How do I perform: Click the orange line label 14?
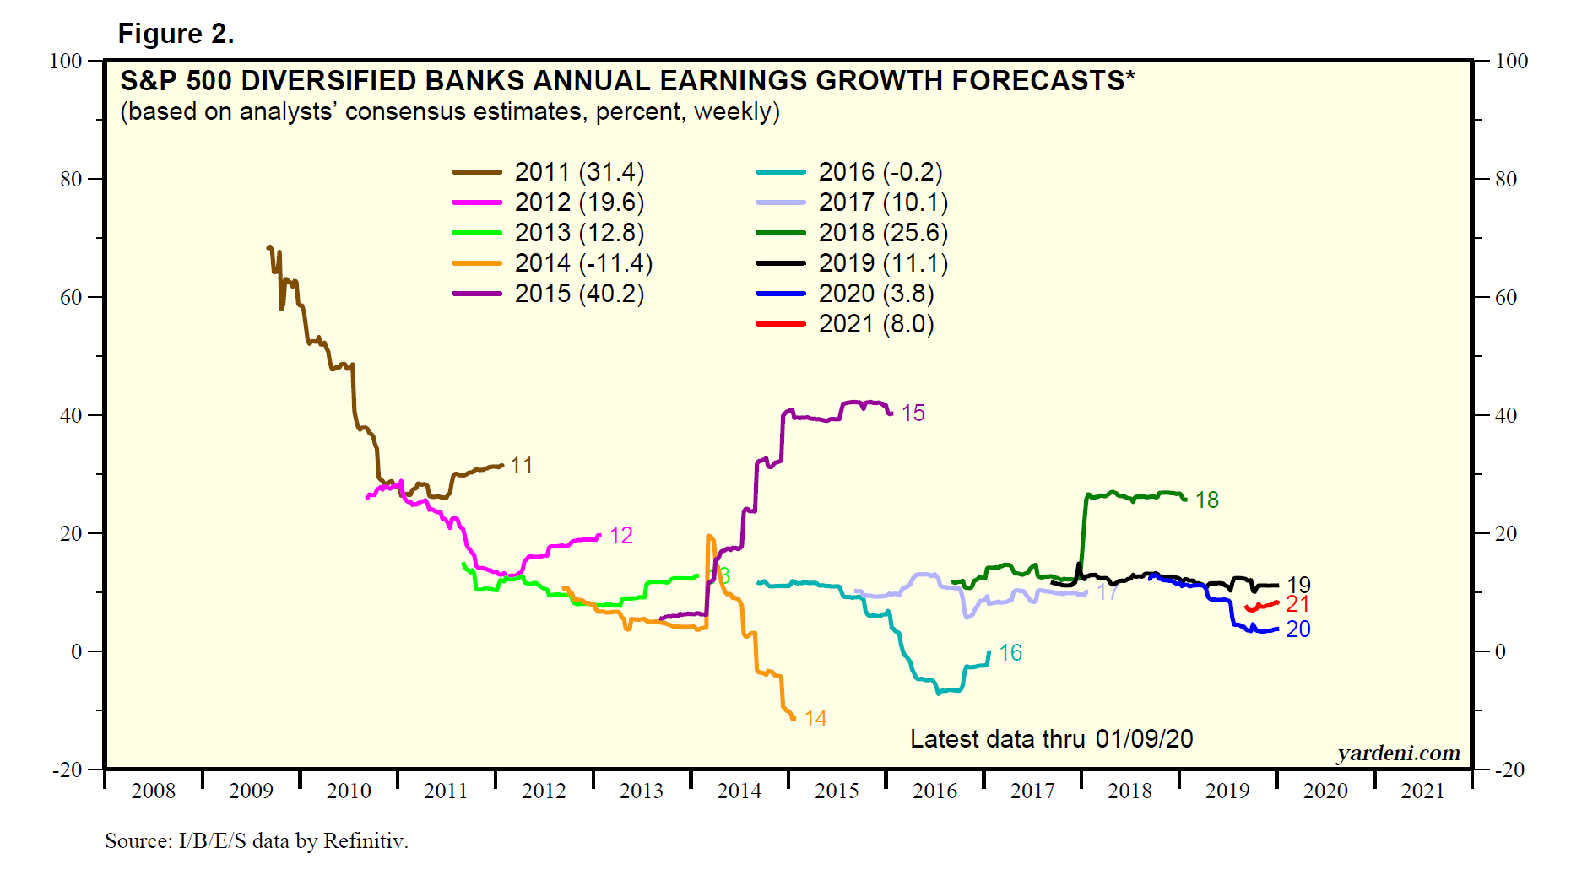tap(815, 719)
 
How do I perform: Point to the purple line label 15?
tap(913, 413)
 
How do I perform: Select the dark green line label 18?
tap(1207, 500)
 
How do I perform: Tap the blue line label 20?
tap(1297, 629)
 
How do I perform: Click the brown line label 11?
tap(521, 466)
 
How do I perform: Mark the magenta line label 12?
tap(620, 536)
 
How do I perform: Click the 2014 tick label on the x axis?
tap(739, 791)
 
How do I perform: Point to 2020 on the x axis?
tap(1325, 791)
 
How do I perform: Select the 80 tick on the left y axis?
tap(71, 180)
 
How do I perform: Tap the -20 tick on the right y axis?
tap(1509, 769)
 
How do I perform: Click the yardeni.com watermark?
tap(1398, 753)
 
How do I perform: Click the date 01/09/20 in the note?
tap(1144, 739)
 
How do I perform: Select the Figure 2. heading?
tap(176, 34)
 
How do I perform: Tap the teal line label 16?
tap(1010, 653)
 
